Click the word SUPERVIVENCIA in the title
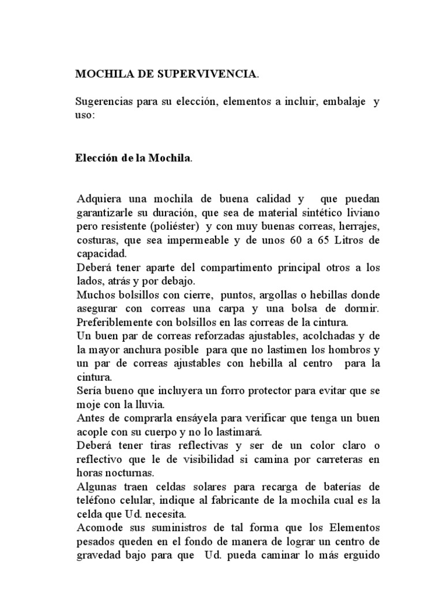tap(198, 74)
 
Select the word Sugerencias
tap(104, 103)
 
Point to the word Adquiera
tap(97, 199)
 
